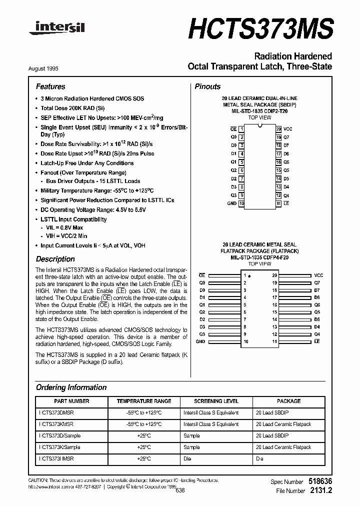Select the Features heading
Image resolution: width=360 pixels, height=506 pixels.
pos(50,86)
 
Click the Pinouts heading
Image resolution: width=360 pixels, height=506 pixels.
pos(207,86)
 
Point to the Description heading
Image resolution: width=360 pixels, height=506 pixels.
pos(55,259)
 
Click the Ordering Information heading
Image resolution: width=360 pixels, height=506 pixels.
pos(71,387)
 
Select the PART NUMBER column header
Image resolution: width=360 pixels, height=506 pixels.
pos(71,401)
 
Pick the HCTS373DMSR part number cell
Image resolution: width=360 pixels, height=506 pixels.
pos(56,412)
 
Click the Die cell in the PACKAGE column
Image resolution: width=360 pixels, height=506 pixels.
pos(259,458)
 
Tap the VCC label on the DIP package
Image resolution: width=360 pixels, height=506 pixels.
pos(288,129)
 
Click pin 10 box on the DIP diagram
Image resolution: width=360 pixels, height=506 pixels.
pos(242,203)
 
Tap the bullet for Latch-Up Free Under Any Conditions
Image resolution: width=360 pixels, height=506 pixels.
pos(37,163)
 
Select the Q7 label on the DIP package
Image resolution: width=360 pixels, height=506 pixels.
pos(286,137)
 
